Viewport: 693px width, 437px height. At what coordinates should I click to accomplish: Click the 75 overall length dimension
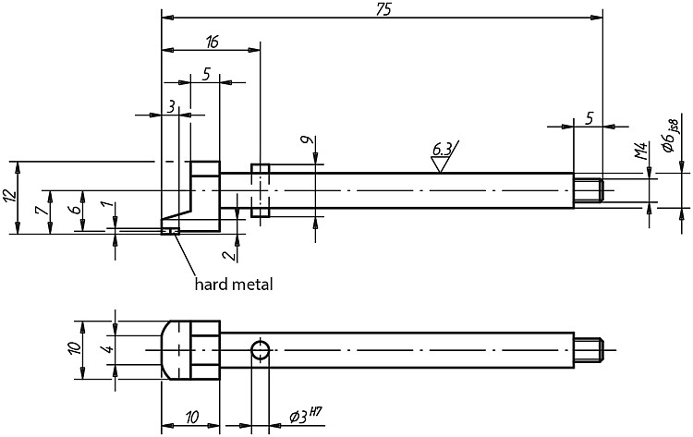coord(383,9)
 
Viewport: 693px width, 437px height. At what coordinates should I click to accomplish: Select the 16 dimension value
coord(212,42)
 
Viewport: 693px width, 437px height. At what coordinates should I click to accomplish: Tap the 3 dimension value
coord(170,106)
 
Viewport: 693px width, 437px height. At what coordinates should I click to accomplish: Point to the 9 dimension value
coord(306,140)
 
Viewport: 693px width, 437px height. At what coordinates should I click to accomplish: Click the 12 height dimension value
coord(10,195)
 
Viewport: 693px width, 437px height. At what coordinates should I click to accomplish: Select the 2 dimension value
coord(228,255)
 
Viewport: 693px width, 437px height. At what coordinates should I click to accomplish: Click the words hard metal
coord(234,285)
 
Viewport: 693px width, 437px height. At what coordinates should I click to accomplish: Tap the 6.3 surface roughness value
coord(442,150)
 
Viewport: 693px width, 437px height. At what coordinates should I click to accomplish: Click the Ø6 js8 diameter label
coord(671,136)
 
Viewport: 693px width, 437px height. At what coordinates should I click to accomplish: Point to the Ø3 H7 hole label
coord(305,416)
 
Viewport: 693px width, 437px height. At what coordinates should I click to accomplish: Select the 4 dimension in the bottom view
coord(107,349)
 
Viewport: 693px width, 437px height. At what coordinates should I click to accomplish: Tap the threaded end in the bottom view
coord(589,350)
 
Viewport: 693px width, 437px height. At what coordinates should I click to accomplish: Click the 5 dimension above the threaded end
coord(589,118)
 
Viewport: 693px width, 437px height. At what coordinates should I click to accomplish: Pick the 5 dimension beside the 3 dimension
coord(205,74)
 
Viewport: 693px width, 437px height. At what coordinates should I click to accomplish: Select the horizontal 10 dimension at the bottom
coord(191,417)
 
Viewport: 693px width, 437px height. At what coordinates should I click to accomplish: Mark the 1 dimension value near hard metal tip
coord(104,206)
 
